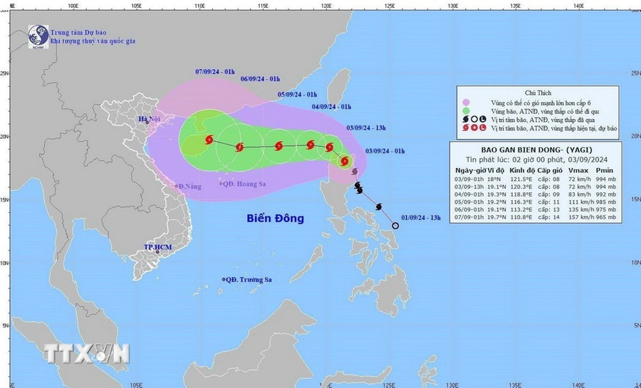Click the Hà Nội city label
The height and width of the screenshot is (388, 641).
point(150,119)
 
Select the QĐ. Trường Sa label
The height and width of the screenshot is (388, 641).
point(250,280)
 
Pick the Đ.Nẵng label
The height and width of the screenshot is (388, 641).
point(191,186)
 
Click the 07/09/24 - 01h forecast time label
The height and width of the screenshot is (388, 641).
point(215,71)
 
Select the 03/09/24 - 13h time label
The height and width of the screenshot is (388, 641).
point(366,127)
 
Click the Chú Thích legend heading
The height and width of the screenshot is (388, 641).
point(537,93)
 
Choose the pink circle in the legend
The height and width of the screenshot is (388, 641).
point(465,102)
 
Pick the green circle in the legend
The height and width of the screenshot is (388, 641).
point(465,110)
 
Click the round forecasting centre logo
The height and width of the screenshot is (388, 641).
point(38,36)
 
